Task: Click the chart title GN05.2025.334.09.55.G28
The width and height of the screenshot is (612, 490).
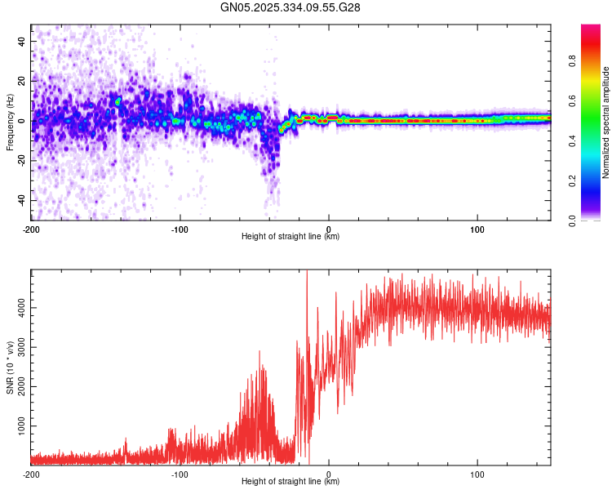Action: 290,7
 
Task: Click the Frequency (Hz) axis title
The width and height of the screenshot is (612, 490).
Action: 10,122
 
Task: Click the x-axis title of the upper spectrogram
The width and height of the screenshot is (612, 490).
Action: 290,237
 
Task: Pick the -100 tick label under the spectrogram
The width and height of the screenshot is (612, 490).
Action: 180,228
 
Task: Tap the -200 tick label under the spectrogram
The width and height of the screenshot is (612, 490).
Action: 31,228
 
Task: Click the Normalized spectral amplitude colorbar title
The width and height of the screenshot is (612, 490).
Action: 607,122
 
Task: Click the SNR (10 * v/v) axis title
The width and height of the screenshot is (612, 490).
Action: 10,367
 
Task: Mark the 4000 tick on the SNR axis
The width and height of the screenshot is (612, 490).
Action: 18,308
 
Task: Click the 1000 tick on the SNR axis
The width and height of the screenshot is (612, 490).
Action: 18,426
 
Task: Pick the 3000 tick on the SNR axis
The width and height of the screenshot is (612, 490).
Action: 18,348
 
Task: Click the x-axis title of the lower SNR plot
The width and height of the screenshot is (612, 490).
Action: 290,482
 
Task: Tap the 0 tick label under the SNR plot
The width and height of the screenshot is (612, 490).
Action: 329,473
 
